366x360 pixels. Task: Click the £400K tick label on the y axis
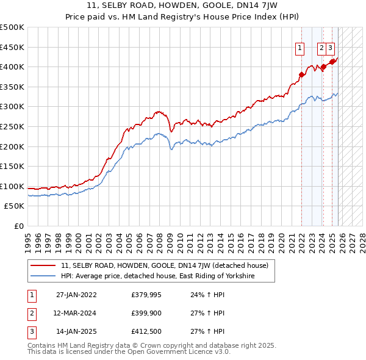12,67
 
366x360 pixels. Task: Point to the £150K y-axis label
12,166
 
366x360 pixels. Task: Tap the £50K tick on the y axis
15,206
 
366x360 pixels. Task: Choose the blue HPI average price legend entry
157,276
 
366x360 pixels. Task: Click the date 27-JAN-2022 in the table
76,295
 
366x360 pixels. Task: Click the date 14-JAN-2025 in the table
76,333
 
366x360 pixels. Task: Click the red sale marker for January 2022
301,75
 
